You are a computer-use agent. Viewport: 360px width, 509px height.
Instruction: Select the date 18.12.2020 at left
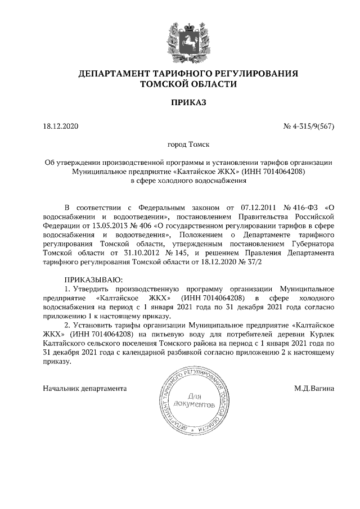point(61,127)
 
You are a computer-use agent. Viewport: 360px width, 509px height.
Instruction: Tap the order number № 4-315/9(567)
point(309,127)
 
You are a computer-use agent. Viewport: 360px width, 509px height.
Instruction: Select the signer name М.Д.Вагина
point(314,388)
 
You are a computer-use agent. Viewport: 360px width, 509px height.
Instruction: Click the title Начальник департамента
point(85,388)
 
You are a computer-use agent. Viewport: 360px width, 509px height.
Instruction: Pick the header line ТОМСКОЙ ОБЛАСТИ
point(188,84)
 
